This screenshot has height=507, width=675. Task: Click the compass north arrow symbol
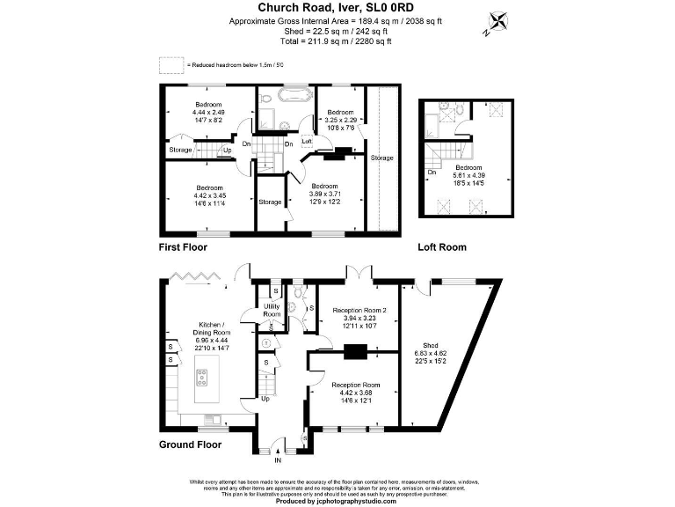497,21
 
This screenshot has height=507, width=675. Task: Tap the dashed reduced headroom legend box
170,64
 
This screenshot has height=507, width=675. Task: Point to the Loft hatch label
307,141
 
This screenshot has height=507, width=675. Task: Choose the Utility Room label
272,310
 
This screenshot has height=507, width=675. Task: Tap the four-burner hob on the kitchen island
201,379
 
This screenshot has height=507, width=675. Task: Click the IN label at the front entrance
279,459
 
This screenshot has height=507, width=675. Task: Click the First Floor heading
182,247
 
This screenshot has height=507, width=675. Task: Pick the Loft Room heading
442,247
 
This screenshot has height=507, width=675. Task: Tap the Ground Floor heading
190,445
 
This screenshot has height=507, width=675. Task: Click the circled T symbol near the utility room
266,342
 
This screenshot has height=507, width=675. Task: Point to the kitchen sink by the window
211,418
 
